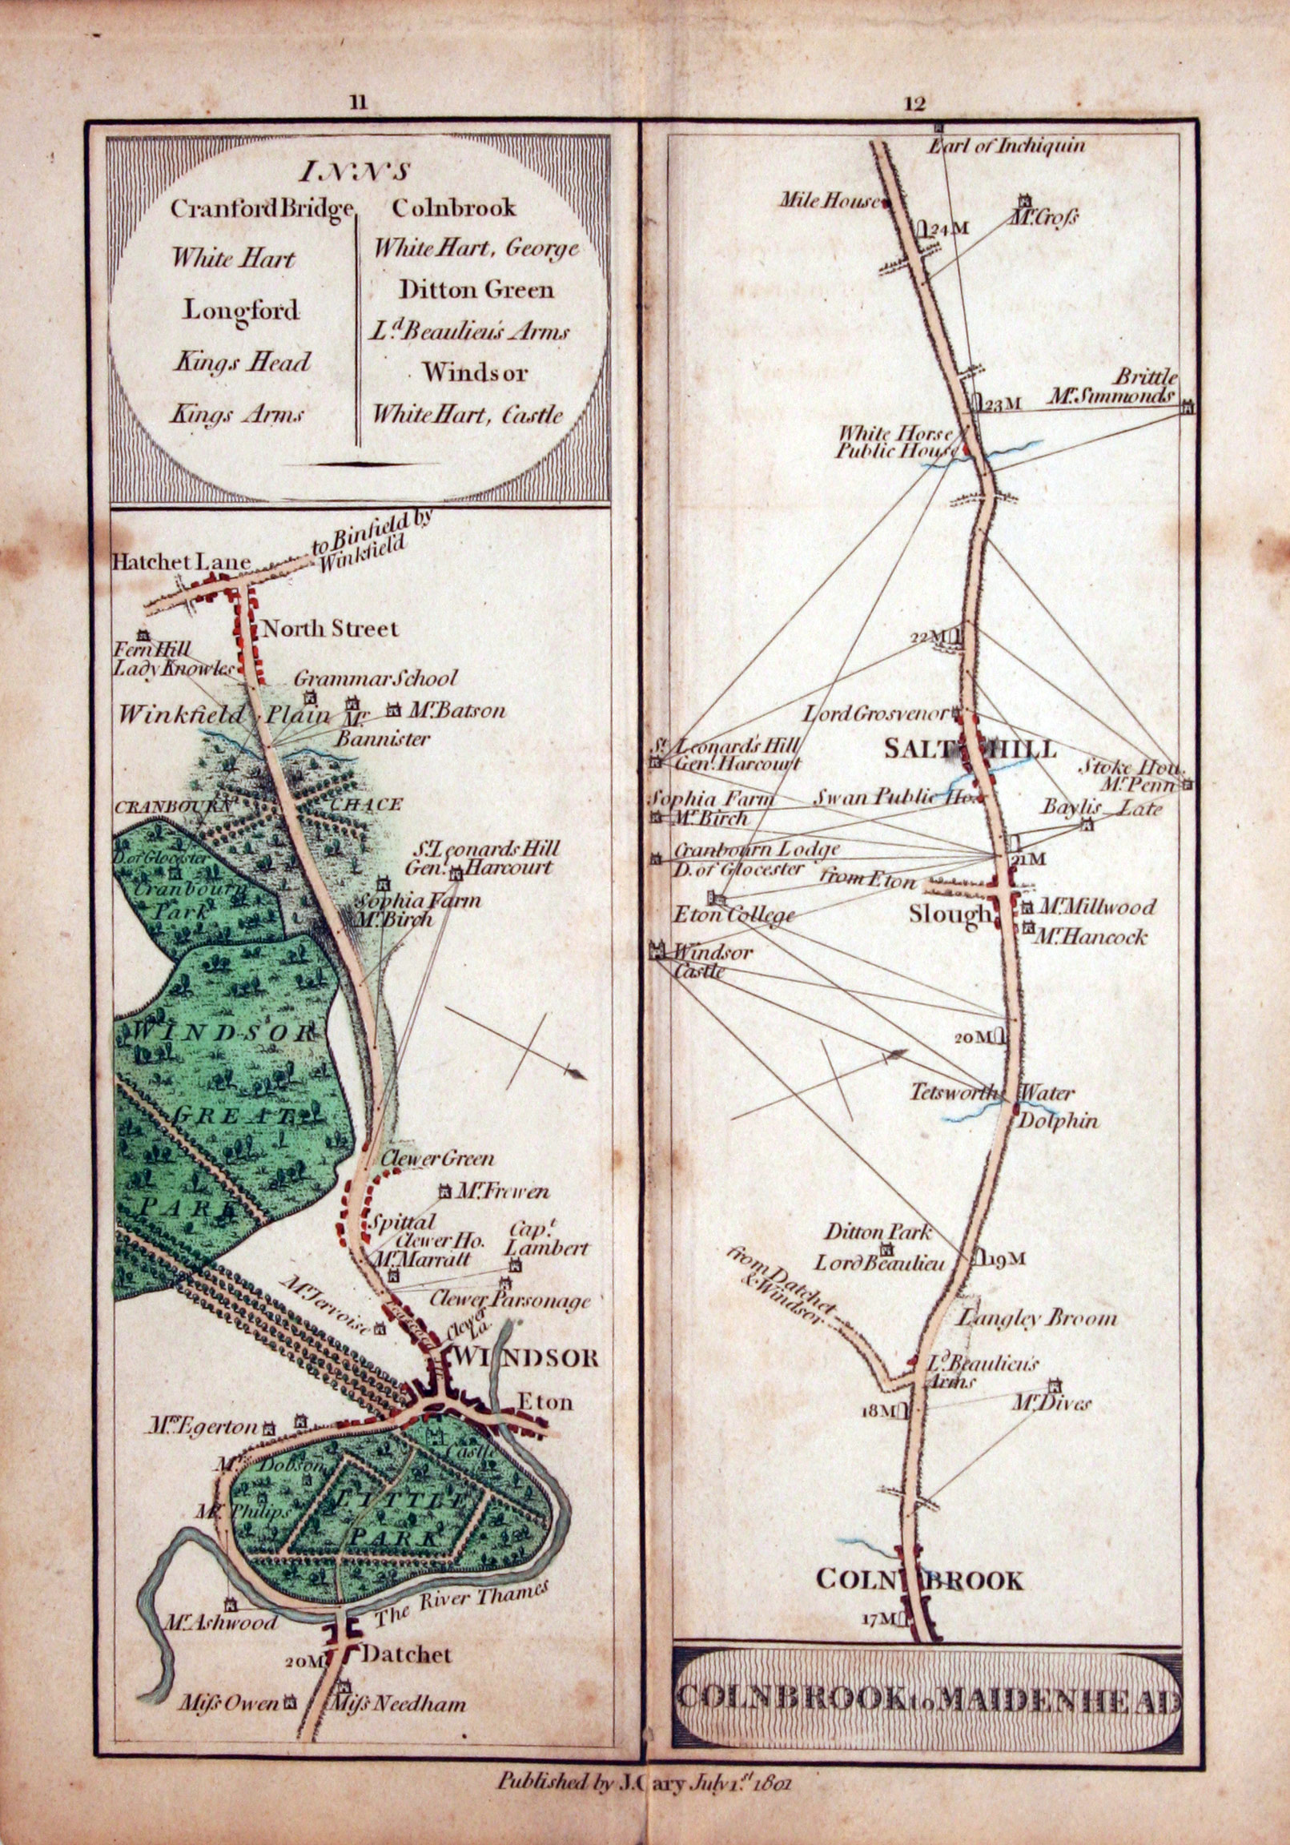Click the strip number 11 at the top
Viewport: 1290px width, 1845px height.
(x=359, y=102)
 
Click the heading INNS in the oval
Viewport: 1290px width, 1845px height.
(x=357, y=171)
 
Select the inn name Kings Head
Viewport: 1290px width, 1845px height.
(x=241, y=363)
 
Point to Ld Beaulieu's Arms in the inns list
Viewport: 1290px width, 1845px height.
(x=470, y=330)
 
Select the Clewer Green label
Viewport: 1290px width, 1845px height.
(x=437, y=1160)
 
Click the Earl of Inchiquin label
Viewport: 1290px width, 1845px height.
(x=1006, y=147)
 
